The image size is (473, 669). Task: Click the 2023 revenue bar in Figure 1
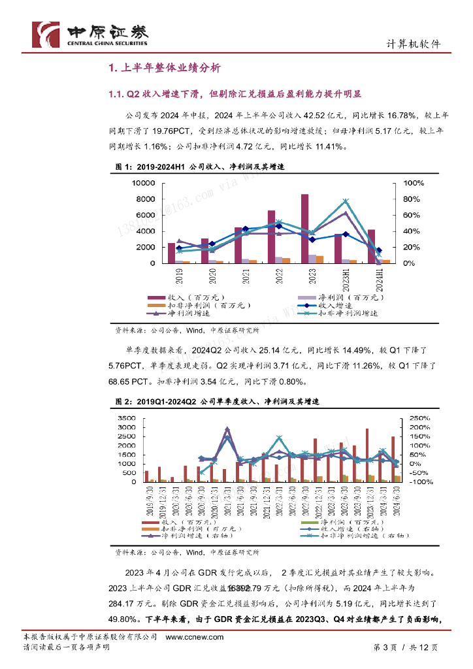pyautogui.click(x=304, y=229)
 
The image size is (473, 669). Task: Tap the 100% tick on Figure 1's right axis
pyautogui.click(x=412, y=183)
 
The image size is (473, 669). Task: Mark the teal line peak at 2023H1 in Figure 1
pyautogui.click(x=346, y=201)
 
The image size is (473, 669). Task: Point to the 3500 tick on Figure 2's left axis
pyautogui.click(x=125, y=418)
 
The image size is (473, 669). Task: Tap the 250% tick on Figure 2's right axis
pyautogui.click(x=419, y=418)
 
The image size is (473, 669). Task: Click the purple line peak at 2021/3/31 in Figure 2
pyautogui.click(x=227, y=429)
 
